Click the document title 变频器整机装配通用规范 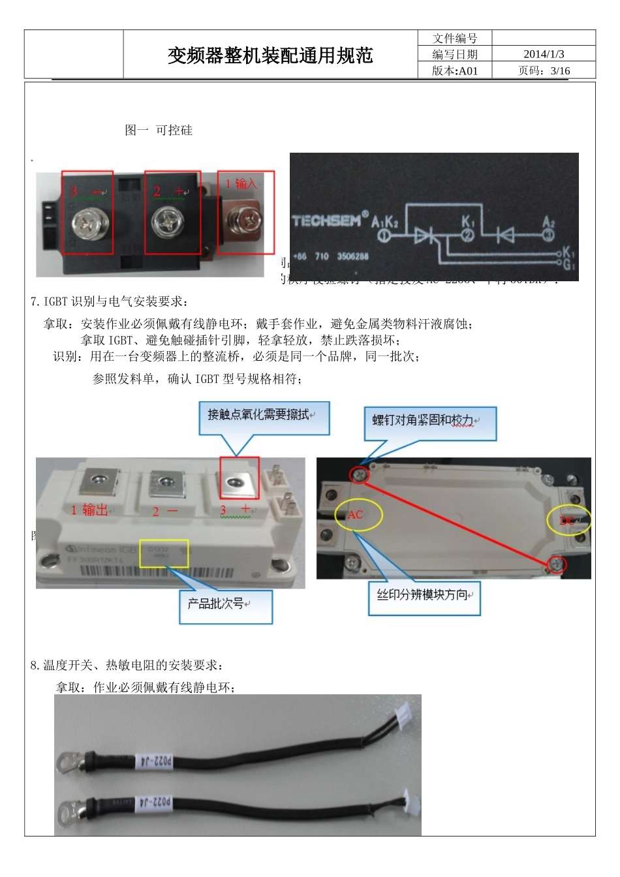[x=270, y=56]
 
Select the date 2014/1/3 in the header [x=543, y=54]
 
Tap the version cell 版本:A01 [x=455, y=70]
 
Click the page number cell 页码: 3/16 [x=543, y=70]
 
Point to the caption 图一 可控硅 [x=159, y=130]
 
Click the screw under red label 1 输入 [x=247, y=220]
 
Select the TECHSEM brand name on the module [x=326, y=221]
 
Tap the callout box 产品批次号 [x=225, y=606]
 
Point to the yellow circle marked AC [x=358, y=514]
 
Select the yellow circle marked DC [x=568, y=519]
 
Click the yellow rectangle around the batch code [x=163, y=553]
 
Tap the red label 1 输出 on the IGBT [x=89, y=510]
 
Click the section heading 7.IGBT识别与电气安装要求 [x=110, y=301]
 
